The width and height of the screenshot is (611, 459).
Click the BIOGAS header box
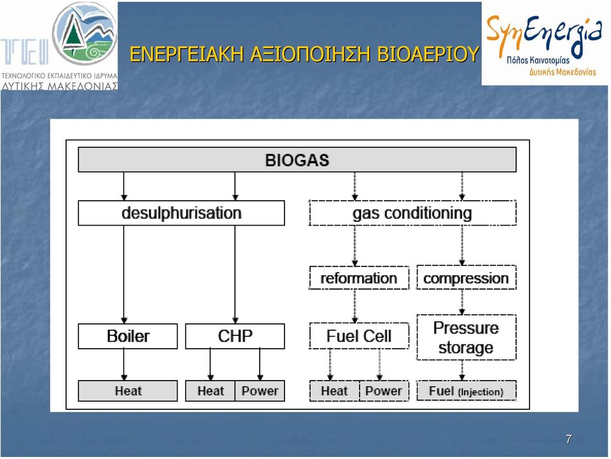tap(297, 159)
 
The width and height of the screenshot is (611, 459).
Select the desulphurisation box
tap(181, 213)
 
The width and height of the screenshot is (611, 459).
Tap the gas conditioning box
tap(412, 213)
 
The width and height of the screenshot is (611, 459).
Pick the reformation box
tap(359, 278)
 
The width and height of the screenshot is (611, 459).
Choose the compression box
tap(466, 278)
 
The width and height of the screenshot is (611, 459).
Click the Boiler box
tap(128, 336)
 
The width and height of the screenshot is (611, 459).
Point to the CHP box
tap(235, 336)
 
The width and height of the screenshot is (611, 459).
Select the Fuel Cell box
tap(359, 336)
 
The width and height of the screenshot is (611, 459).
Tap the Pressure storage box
tap(466, 337)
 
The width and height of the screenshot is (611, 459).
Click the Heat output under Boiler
tap(128, 391)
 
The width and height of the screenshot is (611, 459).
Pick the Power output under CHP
tap(260, 391)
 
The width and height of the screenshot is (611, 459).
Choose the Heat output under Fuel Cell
tap(334, 391)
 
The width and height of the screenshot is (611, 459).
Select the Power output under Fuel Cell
tap(384, 391)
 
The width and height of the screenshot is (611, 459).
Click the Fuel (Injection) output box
tap(466, 391)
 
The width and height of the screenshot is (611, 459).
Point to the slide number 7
tap(568, 439)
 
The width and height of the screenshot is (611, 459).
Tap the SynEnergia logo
tap(544, 44)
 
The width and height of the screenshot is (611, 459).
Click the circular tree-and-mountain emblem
tap(85, 34)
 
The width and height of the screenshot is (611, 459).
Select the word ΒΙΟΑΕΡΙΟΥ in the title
tap(428, 54)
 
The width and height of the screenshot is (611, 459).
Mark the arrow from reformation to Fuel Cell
tap(355, 307)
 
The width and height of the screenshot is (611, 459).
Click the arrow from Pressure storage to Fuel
tap(462, 370)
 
